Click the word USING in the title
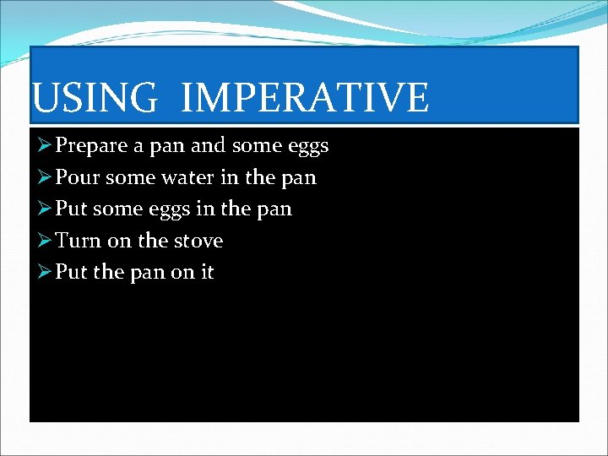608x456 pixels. coord(94,97)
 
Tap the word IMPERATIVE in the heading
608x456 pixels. coord(305,97)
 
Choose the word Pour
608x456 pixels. coord(73,177)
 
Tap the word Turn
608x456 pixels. coord(79,241)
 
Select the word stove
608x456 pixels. coord(198,241)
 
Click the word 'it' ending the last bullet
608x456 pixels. coord(206,272)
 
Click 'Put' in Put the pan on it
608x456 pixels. coord(71,272)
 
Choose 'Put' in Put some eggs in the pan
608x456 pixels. coord(71,209)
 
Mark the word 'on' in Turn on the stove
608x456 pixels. coord(119,241)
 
